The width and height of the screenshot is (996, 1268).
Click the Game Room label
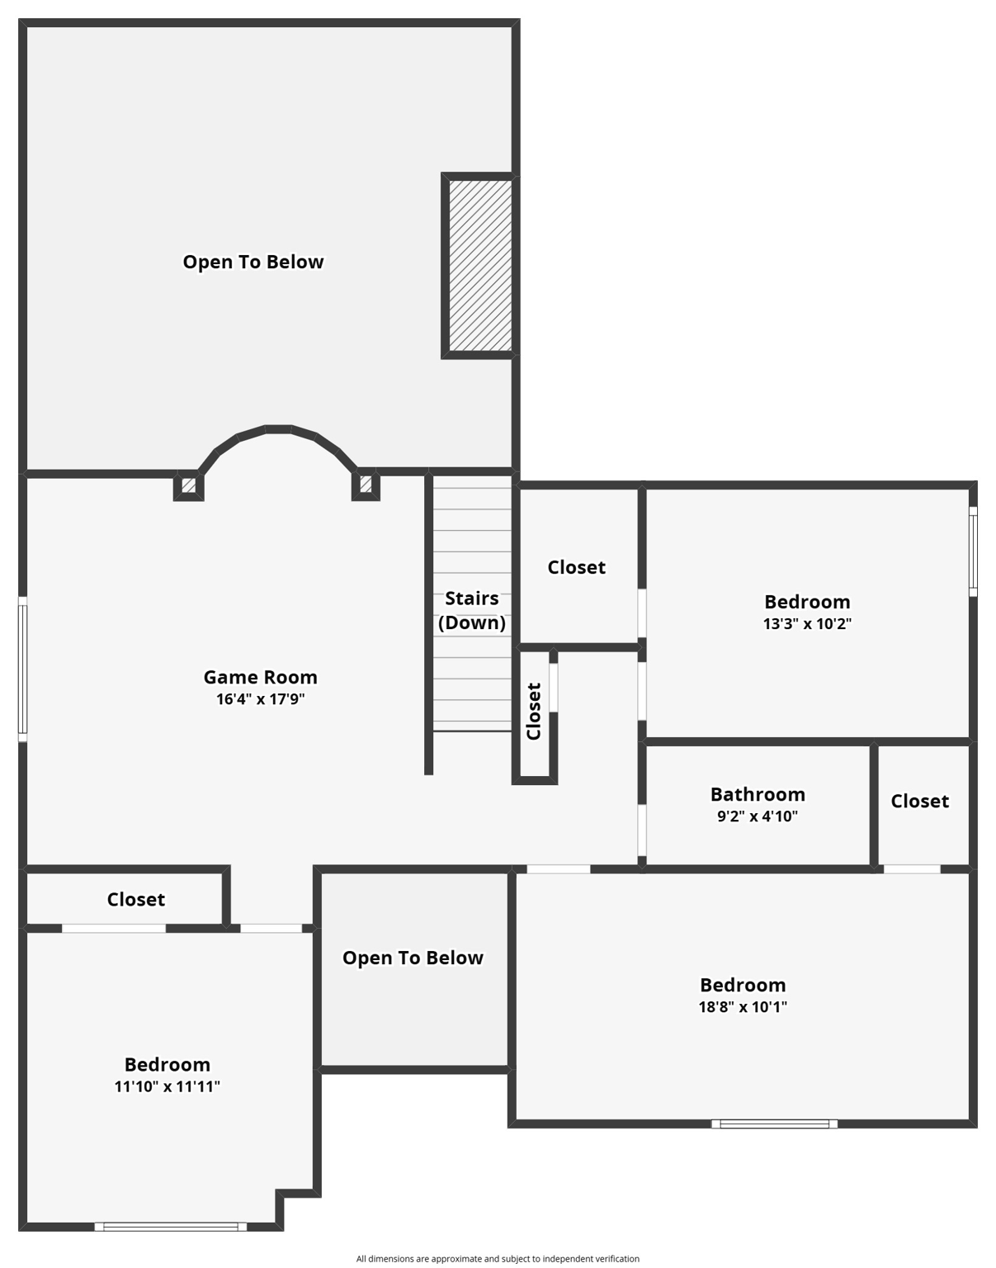coord(260,677)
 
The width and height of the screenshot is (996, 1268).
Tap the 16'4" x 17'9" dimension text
coord(260,699)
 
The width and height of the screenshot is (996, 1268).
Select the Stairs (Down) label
coord(472,610)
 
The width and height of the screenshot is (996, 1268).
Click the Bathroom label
coord(758,794)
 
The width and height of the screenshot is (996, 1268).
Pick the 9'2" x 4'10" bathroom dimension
coord(758,816)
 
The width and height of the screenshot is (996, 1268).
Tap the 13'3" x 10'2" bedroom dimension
coord(806,624)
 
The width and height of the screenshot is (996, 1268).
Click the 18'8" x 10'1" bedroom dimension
coord(743,1007)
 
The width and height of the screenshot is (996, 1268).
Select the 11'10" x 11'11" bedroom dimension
coord(167,1086)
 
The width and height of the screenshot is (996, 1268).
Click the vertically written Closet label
coord(534,712)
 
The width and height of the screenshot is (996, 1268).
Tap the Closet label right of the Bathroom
coord(919,801)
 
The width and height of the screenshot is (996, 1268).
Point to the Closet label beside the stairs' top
coord(576,567)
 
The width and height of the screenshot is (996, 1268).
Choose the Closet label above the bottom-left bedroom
coord(135,899)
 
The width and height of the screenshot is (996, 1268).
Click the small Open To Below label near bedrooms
coord(413,958)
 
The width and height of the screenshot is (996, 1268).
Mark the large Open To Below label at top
coord(253,262)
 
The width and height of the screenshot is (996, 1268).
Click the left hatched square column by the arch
coord(188,485)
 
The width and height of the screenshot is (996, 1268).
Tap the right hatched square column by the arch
coord(366,485)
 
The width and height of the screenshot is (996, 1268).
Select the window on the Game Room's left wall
coord(23,669)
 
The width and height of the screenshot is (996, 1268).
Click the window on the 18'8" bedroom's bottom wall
coord(774,1124)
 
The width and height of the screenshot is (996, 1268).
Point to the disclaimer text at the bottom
coord(498,1259)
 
